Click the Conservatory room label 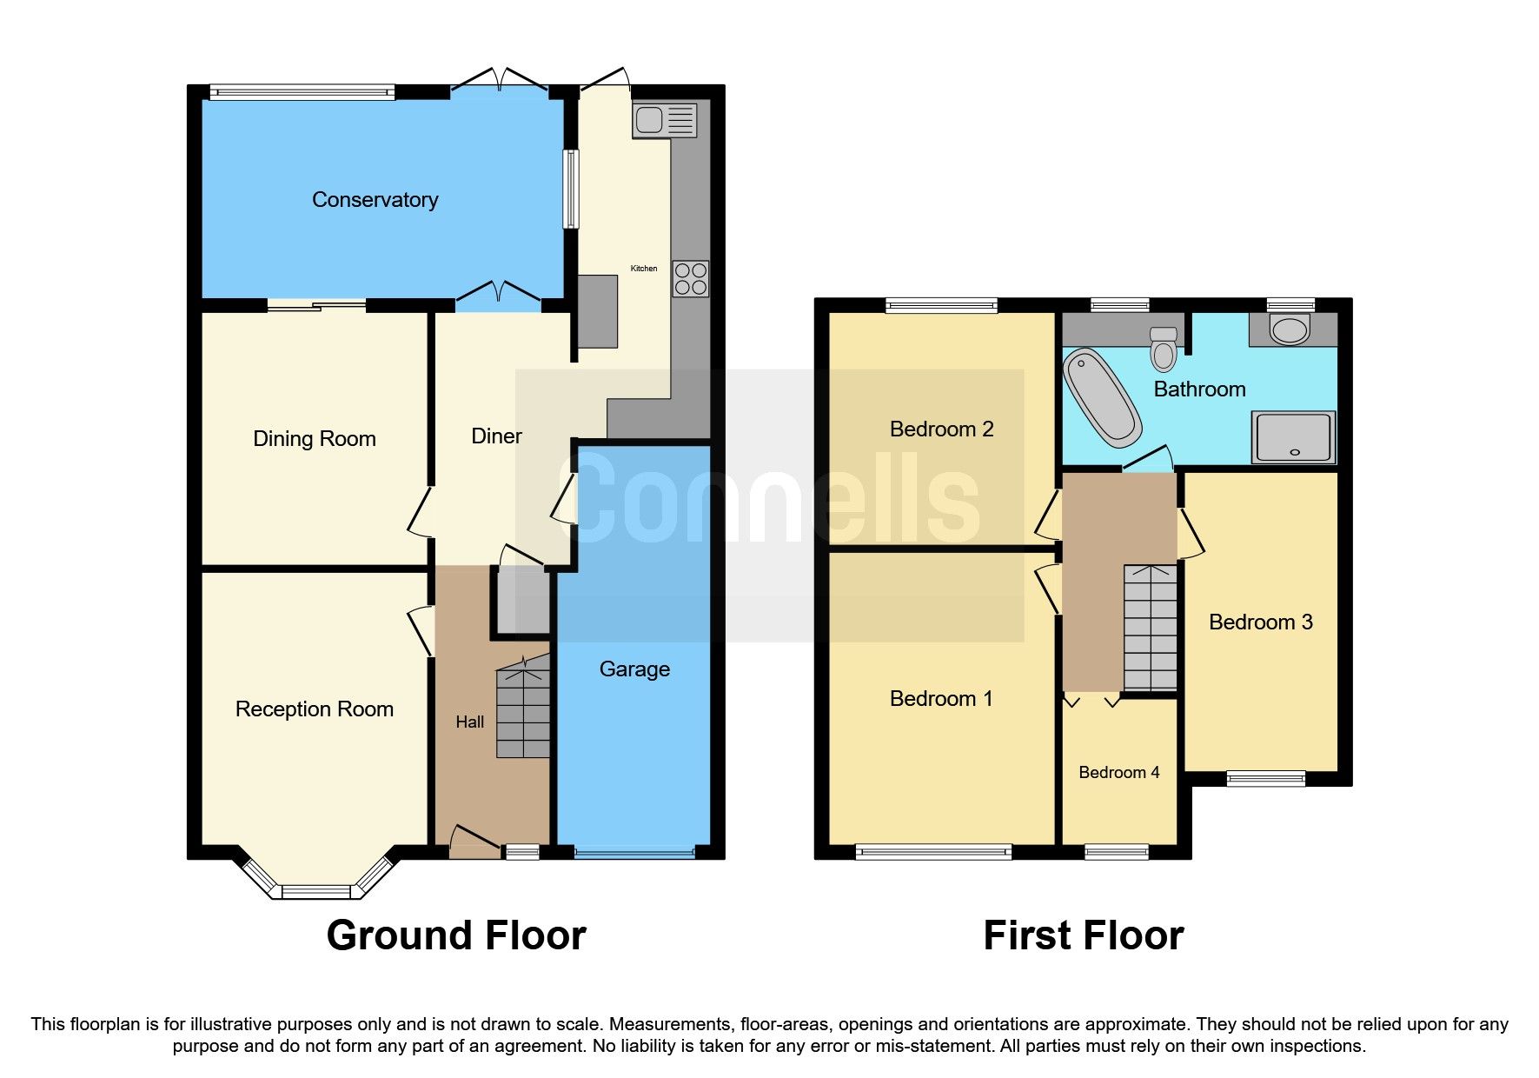tap(375, 200)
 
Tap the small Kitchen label tap(643, 269)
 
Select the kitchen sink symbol tap(665, 120)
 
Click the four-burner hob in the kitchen tap(690, 279)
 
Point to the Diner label tap(496, 436)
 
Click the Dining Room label tap(314, 439)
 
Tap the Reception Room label tap(314, 709)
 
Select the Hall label tap(469, 722)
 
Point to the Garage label tap(634, 669)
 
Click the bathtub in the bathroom tap(1102, 398)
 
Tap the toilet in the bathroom tap(1164, 349)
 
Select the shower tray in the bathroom tap(1293, 436)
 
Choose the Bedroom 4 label tap(1118, 773)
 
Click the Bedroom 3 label tap(1260, 622)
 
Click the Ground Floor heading tap(456, 936)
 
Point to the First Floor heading tap(1083, 936)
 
